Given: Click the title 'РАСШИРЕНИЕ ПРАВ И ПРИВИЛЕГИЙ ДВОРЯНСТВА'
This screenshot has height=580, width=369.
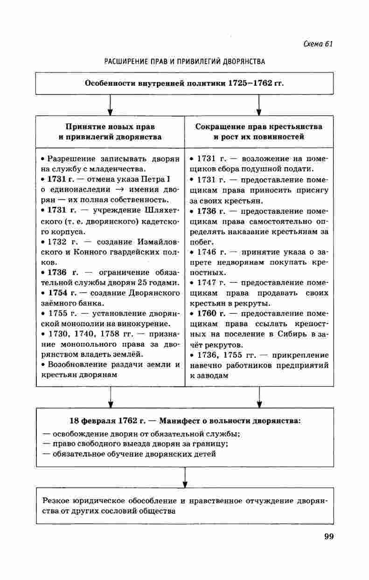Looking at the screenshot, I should click(x=184, y=61).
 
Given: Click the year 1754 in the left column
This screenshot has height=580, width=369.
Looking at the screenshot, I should click(x=59, y=293).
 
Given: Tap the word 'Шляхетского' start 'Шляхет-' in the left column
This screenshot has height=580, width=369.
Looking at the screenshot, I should click(x=161, y=211).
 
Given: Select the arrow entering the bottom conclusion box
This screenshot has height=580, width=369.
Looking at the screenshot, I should click(x=185, y=478).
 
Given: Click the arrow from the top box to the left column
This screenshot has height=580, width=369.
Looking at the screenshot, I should click(x=110, y=105).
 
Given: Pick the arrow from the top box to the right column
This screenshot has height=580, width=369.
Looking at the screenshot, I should click(x=259, y=105).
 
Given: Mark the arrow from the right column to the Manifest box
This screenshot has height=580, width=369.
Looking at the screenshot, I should click(x=259, y=397).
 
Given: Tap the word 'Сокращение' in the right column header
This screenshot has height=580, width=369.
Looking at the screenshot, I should click(x=216, y=127).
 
